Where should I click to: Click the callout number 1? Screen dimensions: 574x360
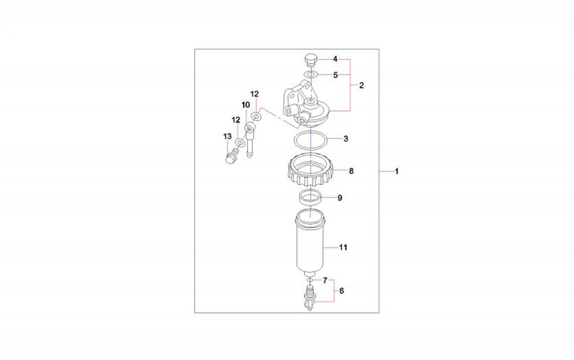(396, 171)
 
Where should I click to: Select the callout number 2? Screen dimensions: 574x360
(361, 85)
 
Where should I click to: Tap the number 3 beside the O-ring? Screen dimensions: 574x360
(346, 139)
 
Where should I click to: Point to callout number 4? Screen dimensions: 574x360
(335, 59)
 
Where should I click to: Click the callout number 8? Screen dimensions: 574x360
(351, 171)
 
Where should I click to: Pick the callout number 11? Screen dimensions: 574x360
(343, 247)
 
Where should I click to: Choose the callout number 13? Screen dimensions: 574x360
(227, 136)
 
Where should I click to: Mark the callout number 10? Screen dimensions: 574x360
(246, 106)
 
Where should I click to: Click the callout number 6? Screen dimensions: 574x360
(341, 291)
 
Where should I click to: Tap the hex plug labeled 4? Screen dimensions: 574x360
(310, 60)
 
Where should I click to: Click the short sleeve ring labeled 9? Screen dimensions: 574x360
(311, 197)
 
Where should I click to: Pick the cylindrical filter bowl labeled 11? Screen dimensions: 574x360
(310, 243)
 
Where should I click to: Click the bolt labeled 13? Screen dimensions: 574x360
(231, 157)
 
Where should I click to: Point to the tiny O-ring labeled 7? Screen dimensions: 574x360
(310, 280)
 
